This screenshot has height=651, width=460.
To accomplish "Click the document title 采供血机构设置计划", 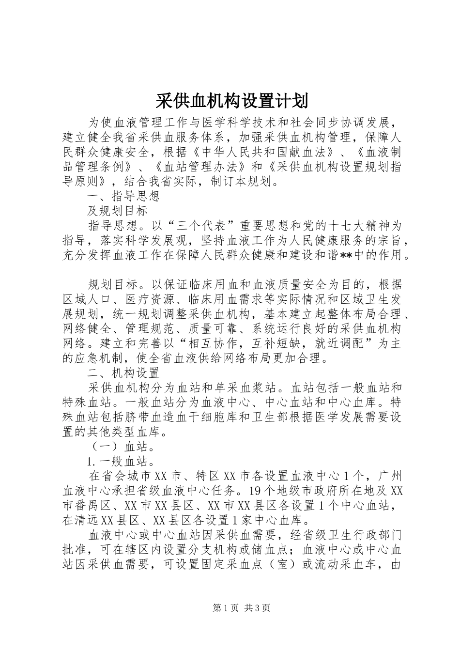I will pyautogui.click(x=231, y=102).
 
